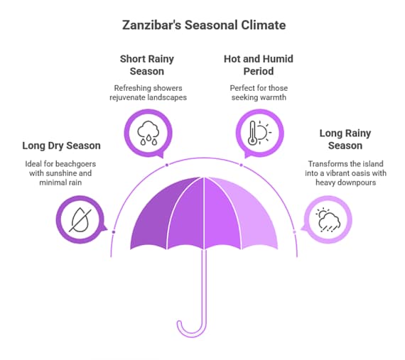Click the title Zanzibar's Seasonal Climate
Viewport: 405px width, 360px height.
(x=203, y=25)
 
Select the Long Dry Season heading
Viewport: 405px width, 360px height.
(x=61, y=146)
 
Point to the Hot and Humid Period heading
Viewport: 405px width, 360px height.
(x=258, y=66)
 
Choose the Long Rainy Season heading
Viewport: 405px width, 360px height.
(x=345, y=139)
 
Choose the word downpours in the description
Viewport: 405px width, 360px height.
(x=360, y=182)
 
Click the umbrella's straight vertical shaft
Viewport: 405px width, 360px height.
(x=205, y=284)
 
